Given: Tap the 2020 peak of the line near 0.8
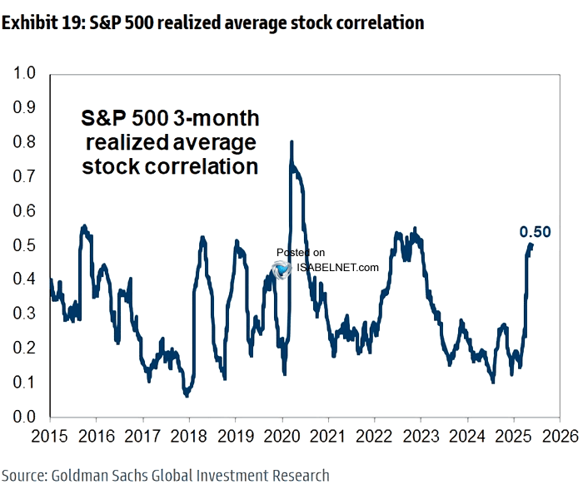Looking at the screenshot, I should pyautogui.click(x=291, y=142).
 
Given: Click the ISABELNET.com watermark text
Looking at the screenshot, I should pyautogui.click(x=337, y=268).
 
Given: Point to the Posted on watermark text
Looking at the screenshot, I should pyautogui.click(x=300, y=252).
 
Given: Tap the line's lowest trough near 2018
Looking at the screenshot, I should pyautogui.click(x=187, y=395).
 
